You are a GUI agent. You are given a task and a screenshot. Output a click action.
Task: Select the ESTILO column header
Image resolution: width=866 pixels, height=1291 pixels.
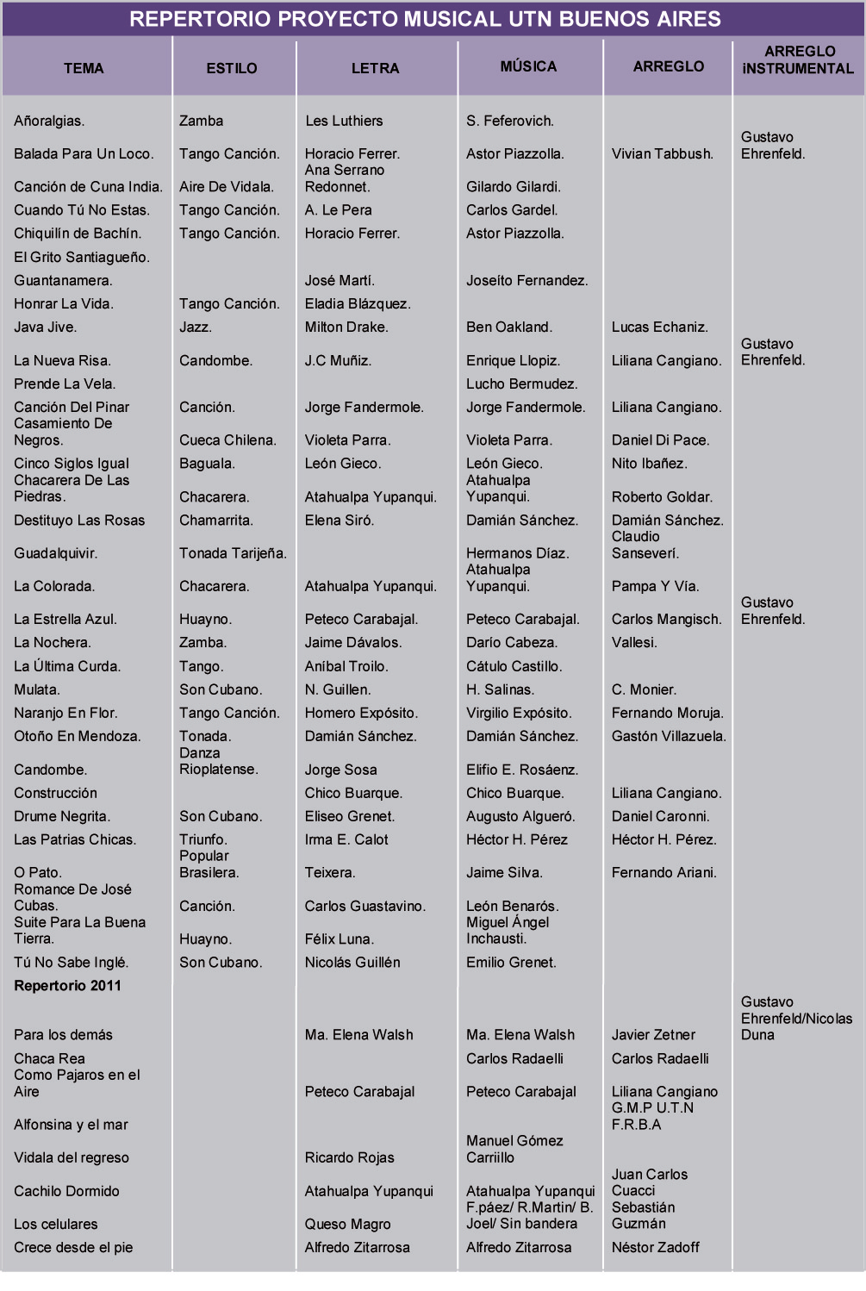232,68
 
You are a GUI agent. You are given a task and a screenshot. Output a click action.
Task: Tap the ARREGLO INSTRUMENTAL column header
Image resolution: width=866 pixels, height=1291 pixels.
798,60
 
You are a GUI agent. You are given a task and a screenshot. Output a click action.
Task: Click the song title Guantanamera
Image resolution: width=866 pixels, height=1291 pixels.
63,281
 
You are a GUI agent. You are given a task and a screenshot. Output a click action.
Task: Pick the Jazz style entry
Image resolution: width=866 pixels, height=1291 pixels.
196,327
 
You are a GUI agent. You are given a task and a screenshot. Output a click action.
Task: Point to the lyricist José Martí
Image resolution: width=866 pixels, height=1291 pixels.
340,281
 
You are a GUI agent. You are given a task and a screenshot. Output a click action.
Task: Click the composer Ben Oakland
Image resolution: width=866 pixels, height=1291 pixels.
509,327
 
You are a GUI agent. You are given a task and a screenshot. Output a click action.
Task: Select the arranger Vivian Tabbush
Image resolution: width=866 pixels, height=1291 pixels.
663,154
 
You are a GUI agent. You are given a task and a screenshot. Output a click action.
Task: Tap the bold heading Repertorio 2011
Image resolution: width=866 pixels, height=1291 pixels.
67,986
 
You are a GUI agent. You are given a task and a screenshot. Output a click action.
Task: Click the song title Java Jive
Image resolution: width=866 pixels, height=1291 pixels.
46,327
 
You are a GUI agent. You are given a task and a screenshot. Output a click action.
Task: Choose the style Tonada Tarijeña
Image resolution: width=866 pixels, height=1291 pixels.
233,553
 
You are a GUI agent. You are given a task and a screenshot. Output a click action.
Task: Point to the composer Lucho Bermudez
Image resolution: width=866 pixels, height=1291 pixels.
521,384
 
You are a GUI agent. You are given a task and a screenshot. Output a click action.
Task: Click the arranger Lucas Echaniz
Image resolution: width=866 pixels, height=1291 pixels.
660,327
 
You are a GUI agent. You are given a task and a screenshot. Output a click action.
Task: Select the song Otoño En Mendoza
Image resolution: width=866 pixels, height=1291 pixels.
78,737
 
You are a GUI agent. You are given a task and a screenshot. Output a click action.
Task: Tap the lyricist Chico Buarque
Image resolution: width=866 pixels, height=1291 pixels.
353,794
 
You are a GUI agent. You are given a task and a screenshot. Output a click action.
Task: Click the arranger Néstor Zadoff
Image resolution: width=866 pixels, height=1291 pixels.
656,1248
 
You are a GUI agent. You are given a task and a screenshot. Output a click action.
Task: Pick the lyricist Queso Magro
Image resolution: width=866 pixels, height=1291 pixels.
348,1225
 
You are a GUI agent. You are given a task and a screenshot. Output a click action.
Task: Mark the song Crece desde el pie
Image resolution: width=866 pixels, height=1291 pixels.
73,1248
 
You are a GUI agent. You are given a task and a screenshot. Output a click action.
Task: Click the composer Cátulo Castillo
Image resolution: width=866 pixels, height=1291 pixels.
514,667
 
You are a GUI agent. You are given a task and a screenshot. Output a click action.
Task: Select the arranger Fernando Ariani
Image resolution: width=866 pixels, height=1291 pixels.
664,873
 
